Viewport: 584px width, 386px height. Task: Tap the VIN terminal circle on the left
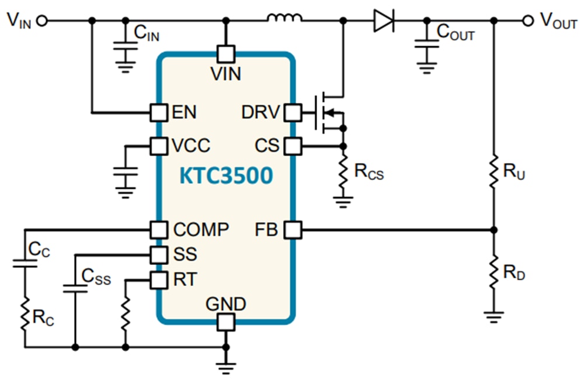41,20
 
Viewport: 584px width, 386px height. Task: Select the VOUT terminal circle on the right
527,20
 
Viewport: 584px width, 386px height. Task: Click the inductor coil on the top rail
285,19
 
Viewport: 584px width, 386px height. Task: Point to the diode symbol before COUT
383,20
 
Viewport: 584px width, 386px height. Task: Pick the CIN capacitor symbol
124,43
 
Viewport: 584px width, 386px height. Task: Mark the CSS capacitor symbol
75,287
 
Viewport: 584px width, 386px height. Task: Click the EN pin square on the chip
158,112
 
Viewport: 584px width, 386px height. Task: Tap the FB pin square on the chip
292,230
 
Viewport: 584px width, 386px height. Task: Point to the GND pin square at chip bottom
225,320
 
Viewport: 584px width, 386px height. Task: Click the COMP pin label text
201,230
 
